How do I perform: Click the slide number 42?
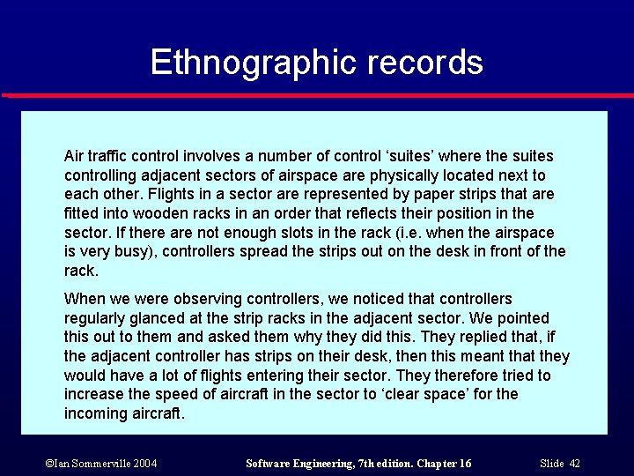[574, 464]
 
